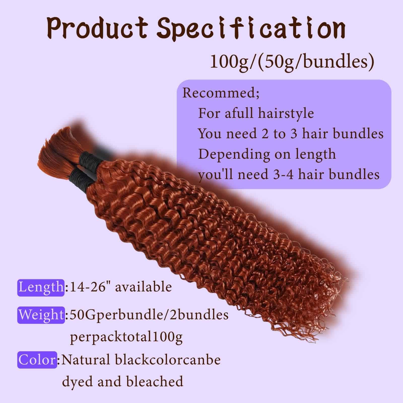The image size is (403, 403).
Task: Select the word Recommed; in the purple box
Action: pos(221,93)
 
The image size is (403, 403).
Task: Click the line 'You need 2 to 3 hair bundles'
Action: pos(291,133)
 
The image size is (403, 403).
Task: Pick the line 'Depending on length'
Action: pos(267,154)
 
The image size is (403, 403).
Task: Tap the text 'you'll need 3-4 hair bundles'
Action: pos(289,174)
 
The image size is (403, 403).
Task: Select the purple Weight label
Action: pos(41,315)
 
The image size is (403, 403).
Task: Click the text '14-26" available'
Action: pos(121,287)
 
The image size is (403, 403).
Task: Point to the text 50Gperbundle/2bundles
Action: pos(149,315)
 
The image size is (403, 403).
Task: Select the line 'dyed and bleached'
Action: pos(122,381)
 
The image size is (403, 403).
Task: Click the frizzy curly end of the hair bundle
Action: pos(322,302)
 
